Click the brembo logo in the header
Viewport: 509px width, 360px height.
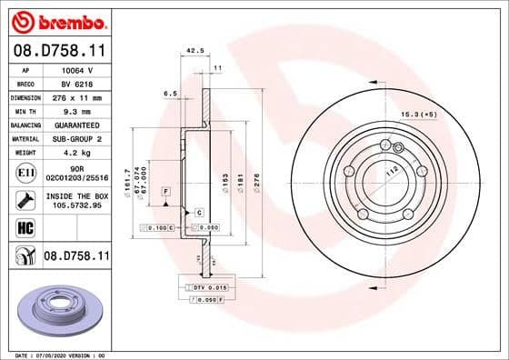[56, 21]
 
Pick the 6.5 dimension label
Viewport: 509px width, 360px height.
[169, 93]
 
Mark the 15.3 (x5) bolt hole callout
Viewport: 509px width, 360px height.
[419, 115]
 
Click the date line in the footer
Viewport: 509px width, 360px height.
[60, 354]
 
